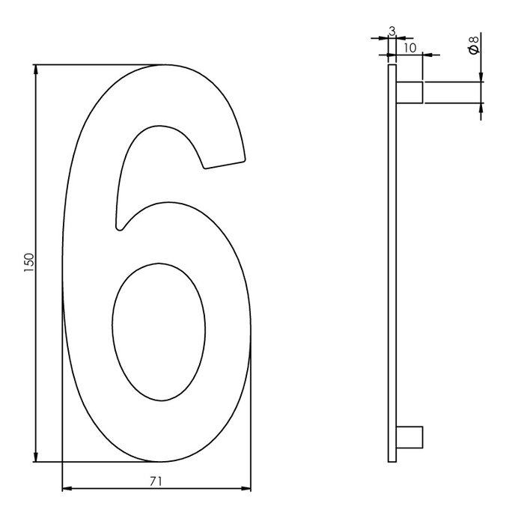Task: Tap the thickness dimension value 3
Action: click(x=392, y=31)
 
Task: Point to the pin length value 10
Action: click(x=409, y=47)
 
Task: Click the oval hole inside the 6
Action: click(x=158, y=330)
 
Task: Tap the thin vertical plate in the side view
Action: click(x=392, y=262)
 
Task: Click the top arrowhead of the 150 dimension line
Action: click(x=36, y=70)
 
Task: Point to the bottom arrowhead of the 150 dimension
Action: click(x=36, y=457)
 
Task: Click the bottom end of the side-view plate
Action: click(x=392, y=460)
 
